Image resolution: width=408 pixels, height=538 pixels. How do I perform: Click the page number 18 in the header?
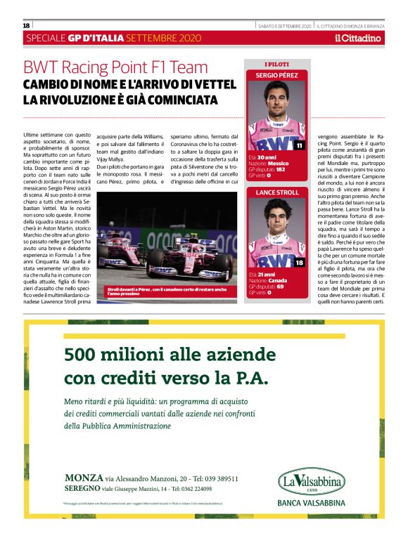27,25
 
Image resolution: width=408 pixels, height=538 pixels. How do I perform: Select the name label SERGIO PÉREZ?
276,74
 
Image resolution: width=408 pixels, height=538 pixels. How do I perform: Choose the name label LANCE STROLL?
276,192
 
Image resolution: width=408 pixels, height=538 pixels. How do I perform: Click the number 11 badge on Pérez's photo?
299,145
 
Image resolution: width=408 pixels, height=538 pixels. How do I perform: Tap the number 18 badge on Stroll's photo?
299,262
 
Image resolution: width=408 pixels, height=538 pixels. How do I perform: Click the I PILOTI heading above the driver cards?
276,64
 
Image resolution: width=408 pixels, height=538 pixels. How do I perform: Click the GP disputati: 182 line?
267,169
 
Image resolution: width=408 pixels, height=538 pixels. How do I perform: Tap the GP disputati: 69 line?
265,286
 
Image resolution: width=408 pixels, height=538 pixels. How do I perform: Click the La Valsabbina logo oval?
310,483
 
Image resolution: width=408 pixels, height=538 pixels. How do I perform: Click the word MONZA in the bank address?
79,478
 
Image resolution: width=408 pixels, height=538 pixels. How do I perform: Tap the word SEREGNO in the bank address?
81,488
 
